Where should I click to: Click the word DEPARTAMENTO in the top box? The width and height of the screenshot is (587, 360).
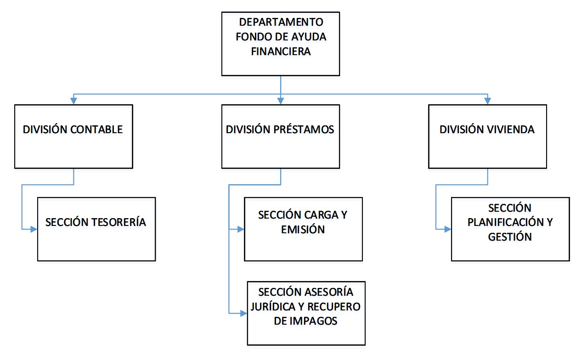pyautogui.click(x=281, y=22)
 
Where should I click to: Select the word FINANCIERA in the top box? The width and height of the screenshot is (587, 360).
pyautogui.click(x=281, y=51)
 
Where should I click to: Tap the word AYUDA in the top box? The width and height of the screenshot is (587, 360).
pyautogui.click(x=309, y=37)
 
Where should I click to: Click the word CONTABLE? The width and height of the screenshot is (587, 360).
pyautogui.click(x=96, y=129)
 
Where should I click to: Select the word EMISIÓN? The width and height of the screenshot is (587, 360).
pyautogui.click(x=303, y=230)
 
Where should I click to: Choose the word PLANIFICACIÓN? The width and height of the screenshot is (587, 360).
pyautogui.click(x=506, y=222)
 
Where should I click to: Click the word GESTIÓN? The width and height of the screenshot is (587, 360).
pyautogui.click(x=510, y=237)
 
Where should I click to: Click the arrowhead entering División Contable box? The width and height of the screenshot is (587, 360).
pyautogui.click(x=73, y=101)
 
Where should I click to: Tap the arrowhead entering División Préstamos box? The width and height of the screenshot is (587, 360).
pyautogui.click(x=281, y=101)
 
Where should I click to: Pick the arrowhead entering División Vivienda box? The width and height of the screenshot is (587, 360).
pyautogui.click(x=488, y=101)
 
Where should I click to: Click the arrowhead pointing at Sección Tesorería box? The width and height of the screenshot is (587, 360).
pyautogui.click(x=34, y=229)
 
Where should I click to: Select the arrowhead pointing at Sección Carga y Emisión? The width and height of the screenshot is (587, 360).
pyautogui.click(x=241, y=229)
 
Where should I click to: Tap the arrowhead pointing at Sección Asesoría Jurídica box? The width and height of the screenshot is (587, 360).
pyautogui.click(x=244, y=313)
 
